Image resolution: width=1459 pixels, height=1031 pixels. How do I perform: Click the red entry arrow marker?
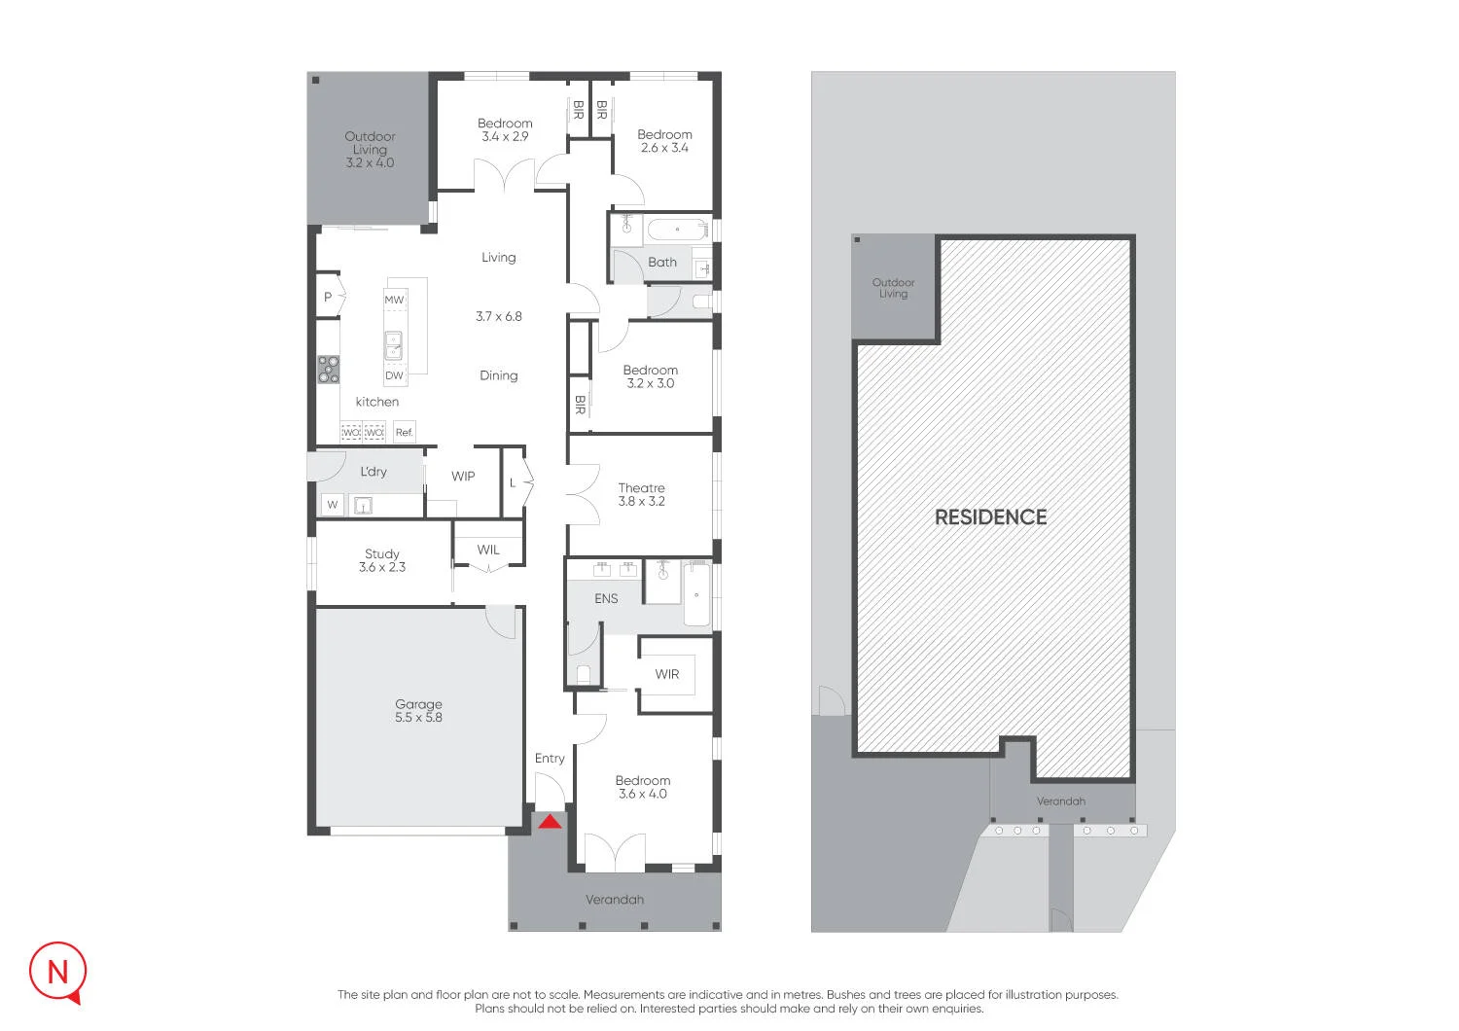click(551, 822)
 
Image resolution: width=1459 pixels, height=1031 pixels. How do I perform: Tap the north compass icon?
click(58, 973)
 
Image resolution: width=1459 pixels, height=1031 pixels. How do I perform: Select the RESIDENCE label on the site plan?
click(991, 517)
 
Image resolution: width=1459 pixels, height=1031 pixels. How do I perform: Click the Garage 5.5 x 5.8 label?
click(418, 711)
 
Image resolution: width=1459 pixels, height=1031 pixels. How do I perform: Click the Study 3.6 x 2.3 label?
click(381, 560)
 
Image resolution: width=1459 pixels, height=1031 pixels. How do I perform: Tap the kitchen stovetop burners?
click(329, 370)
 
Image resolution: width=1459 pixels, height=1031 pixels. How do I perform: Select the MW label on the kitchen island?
click(394, 300)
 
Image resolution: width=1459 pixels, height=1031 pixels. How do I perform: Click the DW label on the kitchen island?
click(394, 375)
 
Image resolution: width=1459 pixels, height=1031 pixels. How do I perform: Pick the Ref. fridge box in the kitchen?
click(405, 432)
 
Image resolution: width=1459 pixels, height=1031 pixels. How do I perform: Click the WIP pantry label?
click(463, 476)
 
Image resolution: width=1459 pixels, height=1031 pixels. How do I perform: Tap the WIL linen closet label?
click(488, 550)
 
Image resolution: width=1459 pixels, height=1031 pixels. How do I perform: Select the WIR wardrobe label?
click(667, 674)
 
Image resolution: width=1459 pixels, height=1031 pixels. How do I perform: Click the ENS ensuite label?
click(606, 598)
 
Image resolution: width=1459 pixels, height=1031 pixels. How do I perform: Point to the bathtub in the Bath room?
click(677, 230)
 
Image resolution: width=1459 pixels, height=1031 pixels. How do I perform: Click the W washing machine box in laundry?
click(333, 505)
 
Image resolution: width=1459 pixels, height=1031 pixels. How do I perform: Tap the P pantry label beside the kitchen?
click(328, 297)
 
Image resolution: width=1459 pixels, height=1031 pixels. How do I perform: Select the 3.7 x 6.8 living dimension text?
click(498, 316)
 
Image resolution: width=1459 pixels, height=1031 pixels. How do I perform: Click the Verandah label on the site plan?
click(1060, 801)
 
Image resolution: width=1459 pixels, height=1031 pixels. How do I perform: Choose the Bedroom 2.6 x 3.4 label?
click(664, 141)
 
